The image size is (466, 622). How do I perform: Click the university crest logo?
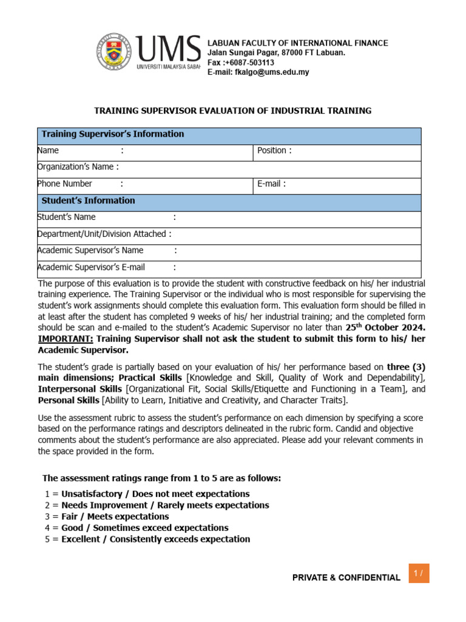coord(115,52)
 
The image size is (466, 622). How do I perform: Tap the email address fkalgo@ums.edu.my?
coord(258,72)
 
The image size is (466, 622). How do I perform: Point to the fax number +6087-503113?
coord(241,63)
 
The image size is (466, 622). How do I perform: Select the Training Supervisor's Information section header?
coord(112,134)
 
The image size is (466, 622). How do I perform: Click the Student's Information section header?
coord(88,200)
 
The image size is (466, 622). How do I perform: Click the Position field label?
coord(274,151)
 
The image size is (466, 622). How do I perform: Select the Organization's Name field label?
coord(78,167)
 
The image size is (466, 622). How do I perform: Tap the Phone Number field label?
coord(65,183)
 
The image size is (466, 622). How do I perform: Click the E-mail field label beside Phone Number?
coord(271,183)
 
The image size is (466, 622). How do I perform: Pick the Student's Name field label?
coord(67,217)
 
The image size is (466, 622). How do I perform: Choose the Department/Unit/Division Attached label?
coord(104,234)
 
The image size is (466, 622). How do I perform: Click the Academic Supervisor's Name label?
coord(90,250)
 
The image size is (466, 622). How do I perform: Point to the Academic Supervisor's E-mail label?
coord(91,267)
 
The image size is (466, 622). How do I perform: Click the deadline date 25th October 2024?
coord(385,328)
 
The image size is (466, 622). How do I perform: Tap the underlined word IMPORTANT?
coord(66,339)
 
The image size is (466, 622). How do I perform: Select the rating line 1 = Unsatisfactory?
coord(147,494)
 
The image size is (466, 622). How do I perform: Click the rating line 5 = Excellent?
coord(147,539)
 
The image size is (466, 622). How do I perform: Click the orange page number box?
coord(419,573)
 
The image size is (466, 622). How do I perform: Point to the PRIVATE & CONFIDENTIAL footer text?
coord(346,578)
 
